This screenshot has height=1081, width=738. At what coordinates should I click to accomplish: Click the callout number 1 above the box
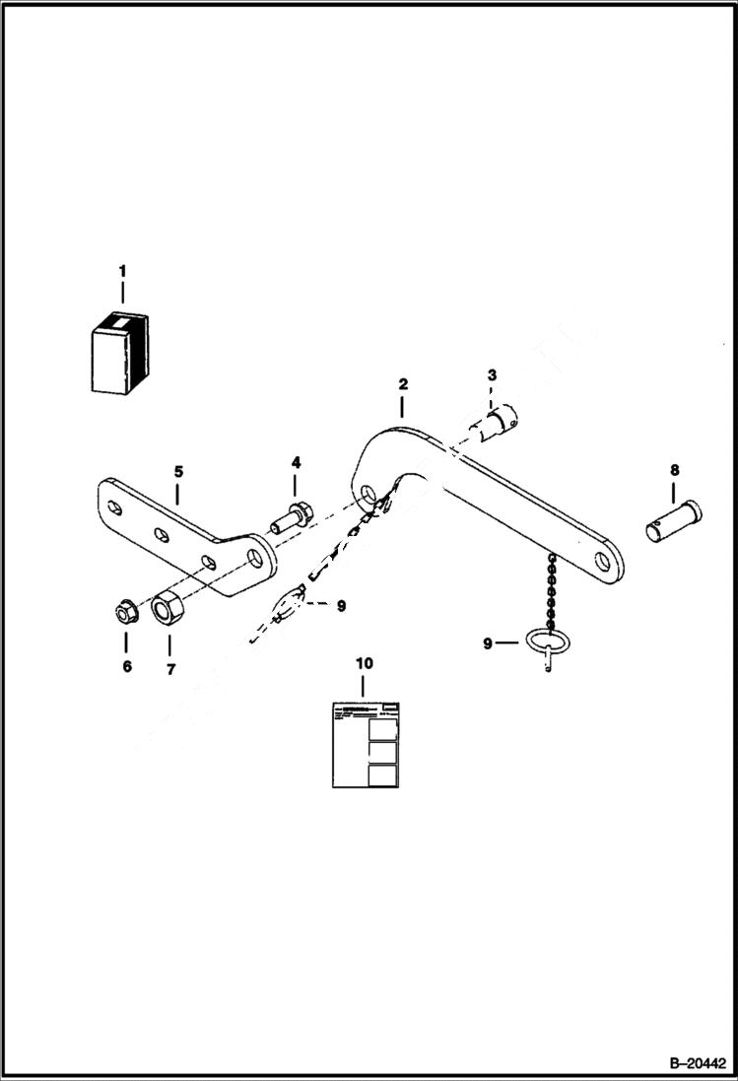122,270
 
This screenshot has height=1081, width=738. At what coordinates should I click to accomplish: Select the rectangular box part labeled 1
118,354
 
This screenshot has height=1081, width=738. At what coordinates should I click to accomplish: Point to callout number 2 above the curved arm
402,383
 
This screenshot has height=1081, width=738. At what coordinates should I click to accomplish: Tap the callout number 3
492,375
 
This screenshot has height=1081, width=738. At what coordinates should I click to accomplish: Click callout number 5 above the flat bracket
177,471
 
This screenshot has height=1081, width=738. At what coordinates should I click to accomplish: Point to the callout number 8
674,470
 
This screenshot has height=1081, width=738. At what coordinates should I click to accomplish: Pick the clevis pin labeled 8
673,520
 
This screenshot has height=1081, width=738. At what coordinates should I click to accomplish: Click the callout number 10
364,664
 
